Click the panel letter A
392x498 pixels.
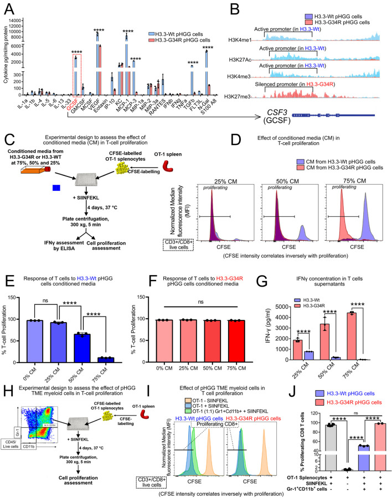coord(9,7)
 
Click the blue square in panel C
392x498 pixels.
coord(55,188)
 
